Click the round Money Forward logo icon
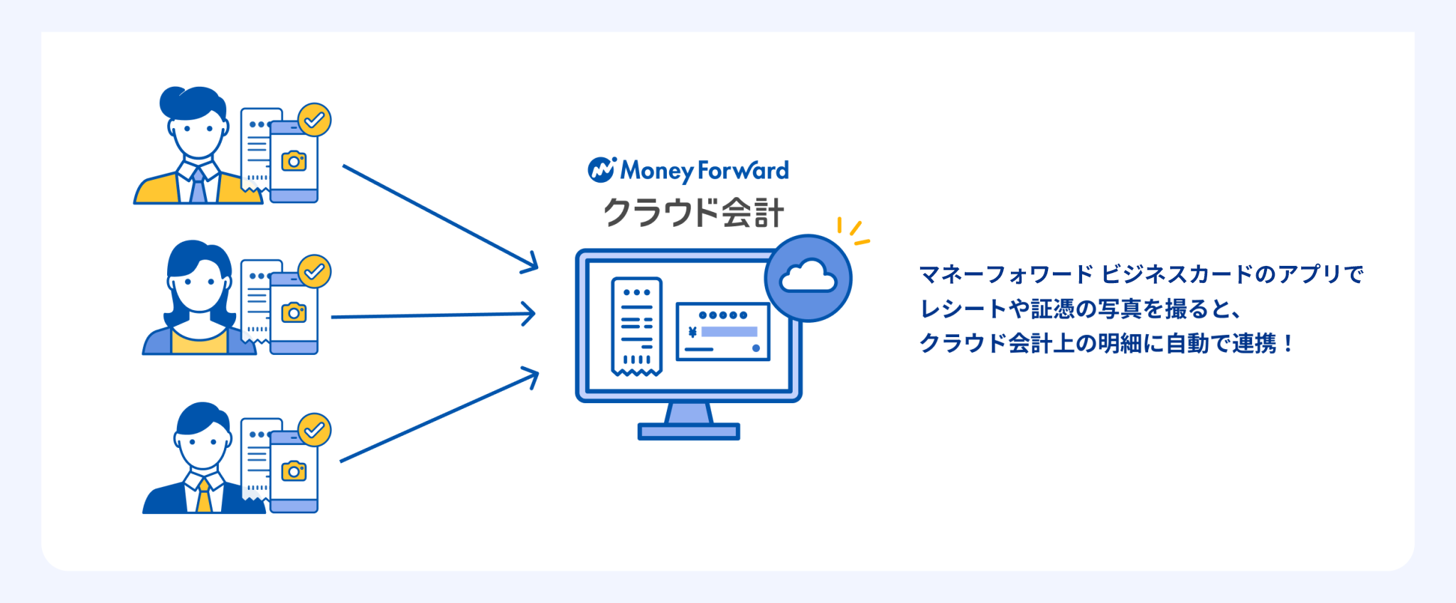(x=601, y=170)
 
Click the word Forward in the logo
(x=743, y=171)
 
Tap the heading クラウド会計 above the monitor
(x=693, y=213)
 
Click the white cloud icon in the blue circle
(x=808, y=277)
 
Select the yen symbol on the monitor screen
(x=692, y=332)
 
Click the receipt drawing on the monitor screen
(x=636, y=326)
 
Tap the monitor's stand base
(x=688, y=431)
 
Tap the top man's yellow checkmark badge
(x=314, y=120)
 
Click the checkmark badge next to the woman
(x=314, y=271)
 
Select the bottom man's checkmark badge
(x=314, y=429)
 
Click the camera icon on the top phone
(x=294, y=161)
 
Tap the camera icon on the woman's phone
(x=294, y=312)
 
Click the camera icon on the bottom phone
(x=294, y=471)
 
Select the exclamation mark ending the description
(x=1288, y=344)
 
